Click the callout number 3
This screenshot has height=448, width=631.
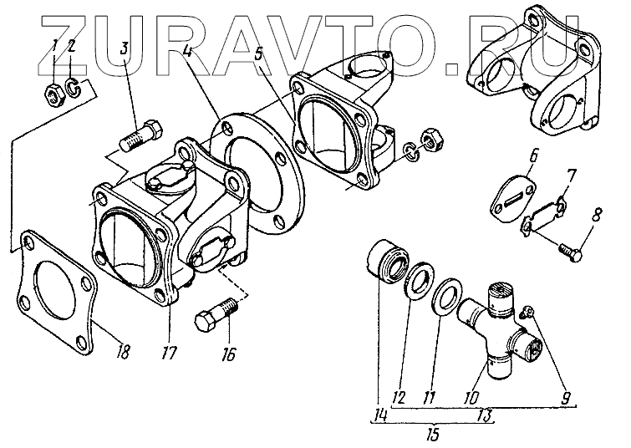(124, 48)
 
